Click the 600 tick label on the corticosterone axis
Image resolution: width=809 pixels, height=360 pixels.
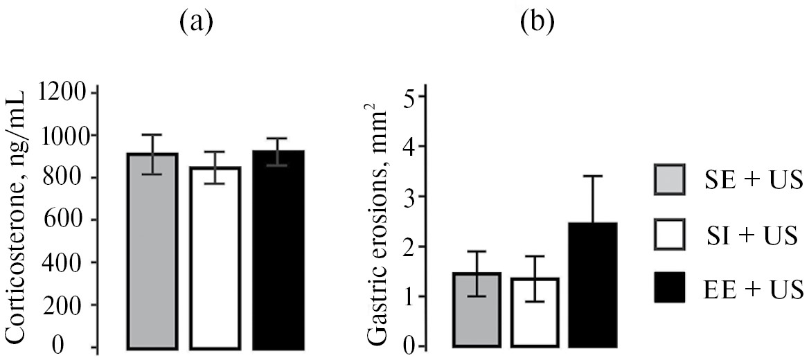(x=68, y=220)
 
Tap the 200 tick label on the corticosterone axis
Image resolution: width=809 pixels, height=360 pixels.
(x=68, y=305)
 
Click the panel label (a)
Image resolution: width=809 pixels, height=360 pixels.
(x=195, y=24)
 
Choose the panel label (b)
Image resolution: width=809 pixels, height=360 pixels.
(x=537, y=24)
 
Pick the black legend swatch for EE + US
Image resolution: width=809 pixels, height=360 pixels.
(x=670, y=287)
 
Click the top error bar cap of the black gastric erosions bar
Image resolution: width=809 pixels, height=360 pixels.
(x=592, y=176)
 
